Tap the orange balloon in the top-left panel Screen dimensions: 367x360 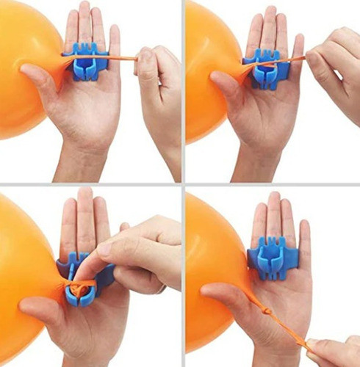26,66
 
